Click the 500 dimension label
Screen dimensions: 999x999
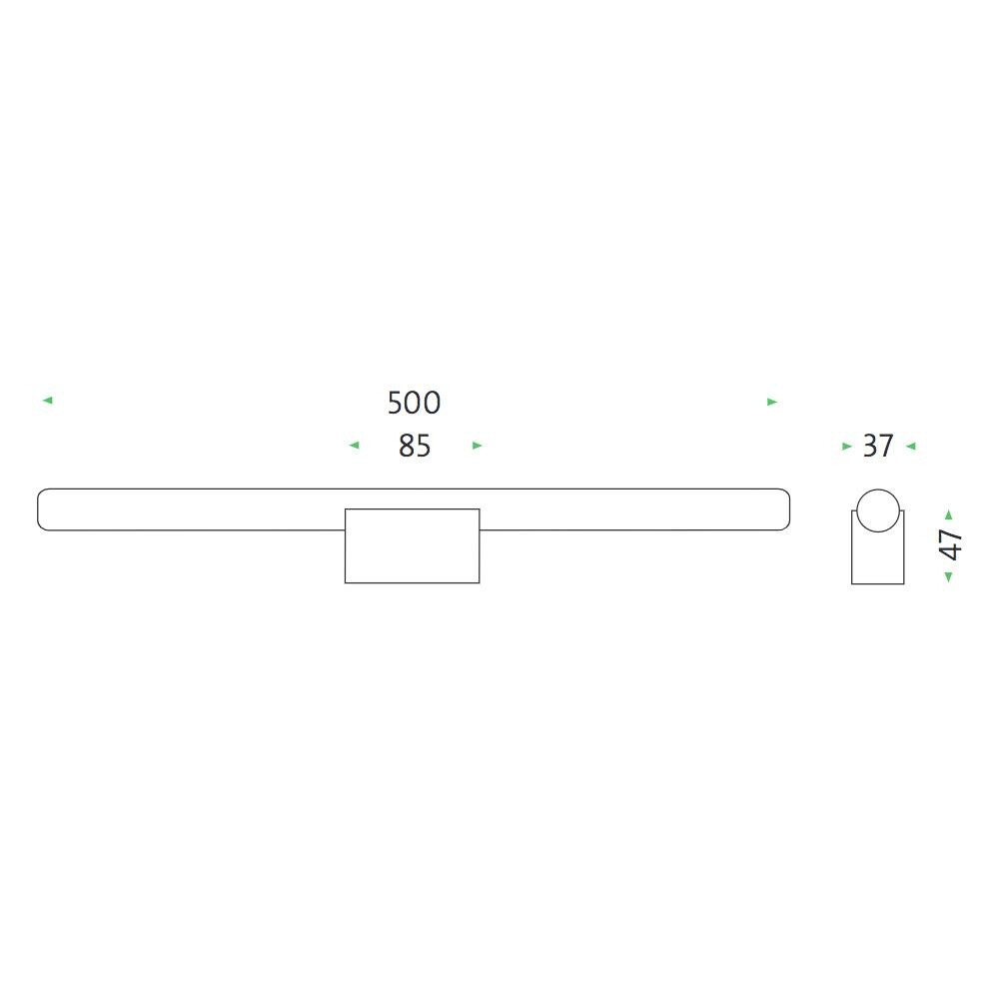click(414, 403)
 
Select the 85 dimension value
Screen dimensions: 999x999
click(414, 446)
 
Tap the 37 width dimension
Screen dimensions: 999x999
click(877, 446)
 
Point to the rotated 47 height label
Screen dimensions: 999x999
click(951, 545)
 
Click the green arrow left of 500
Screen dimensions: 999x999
click(47, 401)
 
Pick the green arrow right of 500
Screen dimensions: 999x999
click(771, 402)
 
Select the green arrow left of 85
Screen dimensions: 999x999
click(354, 446)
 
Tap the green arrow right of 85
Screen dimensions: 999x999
click(477, 446)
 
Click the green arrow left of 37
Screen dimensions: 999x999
click(847, 447)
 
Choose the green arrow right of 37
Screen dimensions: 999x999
click(910, 447)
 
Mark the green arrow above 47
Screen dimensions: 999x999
click(948, 514)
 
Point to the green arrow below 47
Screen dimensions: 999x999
click(948, 576)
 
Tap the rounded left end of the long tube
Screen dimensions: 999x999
click(45, 509)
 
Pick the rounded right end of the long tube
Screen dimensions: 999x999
click(782, 509)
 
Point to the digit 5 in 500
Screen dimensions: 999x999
click(396, 403)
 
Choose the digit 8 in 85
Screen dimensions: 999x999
click(406, 446)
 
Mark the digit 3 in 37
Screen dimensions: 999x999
click(869, 446)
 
